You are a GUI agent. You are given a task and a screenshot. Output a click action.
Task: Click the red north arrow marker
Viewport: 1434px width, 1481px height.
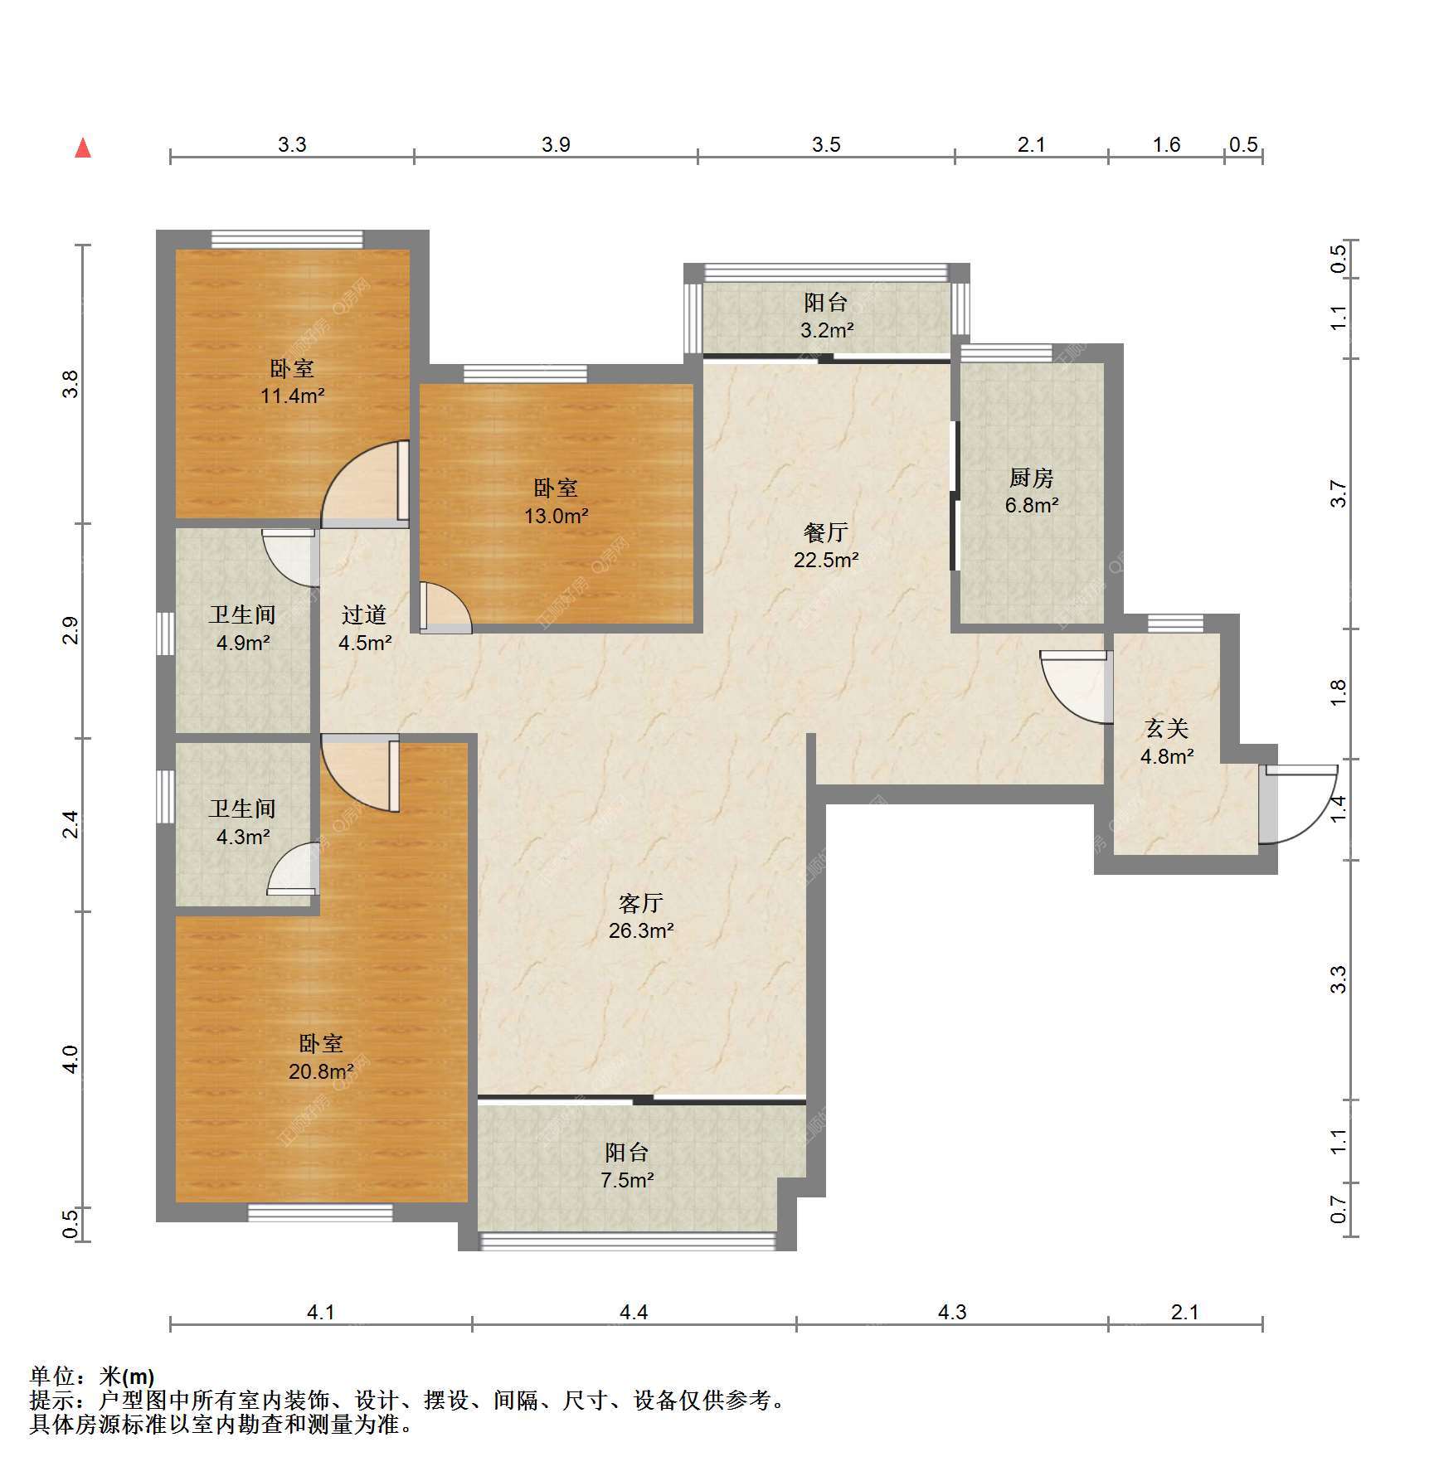click(83, 148)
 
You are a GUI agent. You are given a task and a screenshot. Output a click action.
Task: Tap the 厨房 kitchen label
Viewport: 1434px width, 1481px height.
click(1031, 478)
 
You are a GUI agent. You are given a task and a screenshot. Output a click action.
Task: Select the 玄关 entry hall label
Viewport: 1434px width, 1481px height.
click(1166, 729)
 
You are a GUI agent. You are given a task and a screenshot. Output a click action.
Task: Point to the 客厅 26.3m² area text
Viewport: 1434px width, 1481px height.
click(640, 916)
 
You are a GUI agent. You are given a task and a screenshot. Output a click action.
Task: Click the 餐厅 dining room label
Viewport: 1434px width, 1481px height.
click(825, 532)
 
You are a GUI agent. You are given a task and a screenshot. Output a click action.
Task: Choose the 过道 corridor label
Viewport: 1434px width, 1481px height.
click(364, 614)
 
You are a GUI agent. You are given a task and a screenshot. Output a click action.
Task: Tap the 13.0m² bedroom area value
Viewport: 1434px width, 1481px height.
click(556, 516)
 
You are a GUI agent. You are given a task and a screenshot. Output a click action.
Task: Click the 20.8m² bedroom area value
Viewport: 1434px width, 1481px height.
click(321, 1071)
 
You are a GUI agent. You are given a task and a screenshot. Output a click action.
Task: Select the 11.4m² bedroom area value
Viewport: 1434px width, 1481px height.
click(292, 396)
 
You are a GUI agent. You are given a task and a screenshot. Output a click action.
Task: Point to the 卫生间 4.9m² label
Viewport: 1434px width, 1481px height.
click(242, 628)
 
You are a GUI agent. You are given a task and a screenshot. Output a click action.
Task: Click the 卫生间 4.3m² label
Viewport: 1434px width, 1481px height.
click(242, 823)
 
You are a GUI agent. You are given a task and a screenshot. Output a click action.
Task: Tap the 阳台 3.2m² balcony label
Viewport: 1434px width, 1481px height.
click(826, 316)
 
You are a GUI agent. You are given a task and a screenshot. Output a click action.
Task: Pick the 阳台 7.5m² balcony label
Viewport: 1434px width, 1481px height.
click(627, 1165)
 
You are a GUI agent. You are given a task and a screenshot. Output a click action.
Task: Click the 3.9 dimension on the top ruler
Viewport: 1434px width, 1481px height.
click(556, 144)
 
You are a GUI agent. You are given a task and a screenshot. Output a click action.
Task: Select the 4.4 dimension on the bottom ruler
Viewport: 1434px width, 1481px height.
click(634, 1311)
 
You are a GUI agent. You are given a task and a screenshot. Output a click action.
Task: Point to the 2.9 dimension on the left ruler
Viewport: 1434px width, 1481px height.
click(70, 630)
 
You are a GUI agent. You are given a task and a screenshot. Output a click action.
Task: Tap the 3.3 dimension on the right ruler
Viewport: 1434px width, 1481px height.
click(1338, 979)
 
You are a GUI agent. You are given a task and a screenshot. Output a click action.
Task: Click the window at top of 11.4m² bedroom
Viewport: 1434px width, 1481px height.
click(287, 240)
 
